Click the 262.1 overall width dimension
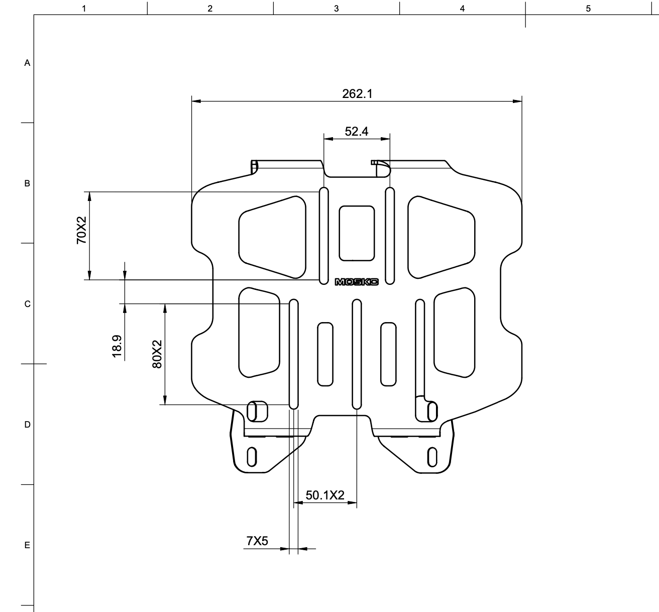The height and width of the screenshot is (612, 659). [357, 94]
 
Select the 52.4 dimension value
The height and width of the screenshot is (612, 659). [357, 132]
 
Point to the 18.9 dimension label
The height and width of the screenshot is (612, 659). [118, 346]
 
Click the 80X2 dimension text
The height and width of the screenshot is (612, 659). [157, 354]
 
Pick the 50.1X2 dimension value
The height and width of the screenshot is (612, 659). [325, 495]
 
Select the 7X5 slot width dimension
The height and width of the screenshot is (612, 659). [257, 541]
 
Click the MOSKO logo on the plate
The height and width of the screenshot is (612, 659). [357, 282]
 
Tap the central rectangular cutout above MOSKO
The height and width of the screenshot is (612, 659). [357, 233]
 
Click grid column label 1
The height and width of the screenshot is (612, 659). [84, 9]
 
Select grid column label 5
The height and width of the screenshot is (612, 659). [588, 9]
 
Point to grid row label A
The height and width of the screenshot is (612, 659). [28, 63]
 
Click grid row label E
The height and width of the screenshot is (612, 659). [28, 545]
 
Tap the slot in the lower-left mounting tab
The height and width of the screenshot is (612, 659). [252, 456]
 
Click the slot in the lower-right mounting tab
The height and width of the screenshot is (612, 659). [431, 456]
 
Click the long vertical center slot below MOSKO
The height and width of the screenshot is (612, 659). [357, 354]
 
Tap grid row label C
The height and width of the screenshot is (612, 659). [28, 304]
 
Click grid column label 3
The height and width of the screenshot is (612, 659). [336, 9]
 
